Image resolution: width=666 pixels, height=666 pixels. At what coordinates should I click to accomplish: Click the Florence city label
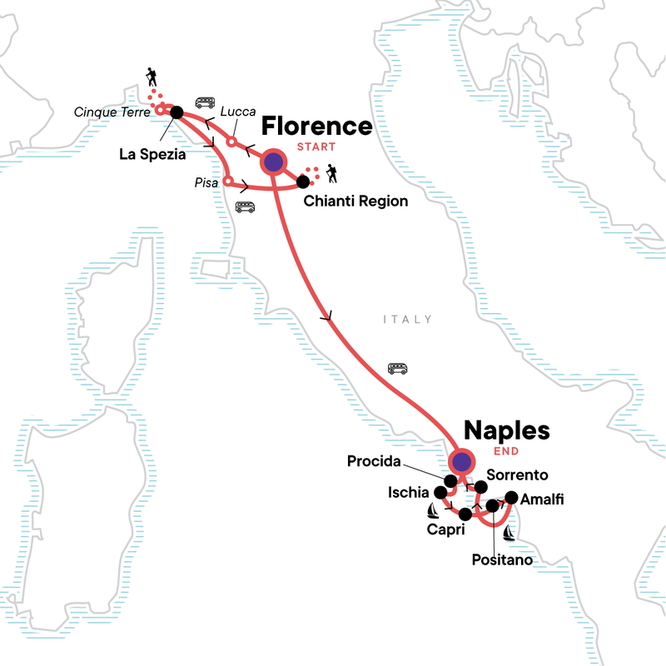pyautogui.click(x=316, y=127)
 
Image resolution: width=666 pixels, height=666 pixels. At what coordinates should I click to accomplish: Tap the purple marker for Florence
pyautogui.click(x=273, y=162)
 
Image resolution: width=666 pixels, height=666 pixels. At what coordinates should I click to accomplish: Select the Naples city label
pyautogui.click(x=506, y=431)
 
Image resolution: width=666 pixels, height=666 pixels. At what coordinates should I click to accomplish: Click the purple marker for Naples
pyautogui.click(x=460, y=462)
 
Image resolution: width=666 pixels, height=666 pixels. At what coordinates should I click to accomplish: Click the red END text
pyautogui.click(x=506, y=452)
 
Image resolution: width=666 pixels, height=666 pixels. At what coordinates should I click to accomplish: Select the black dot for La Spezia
pyautogui.click(x=176, y=112)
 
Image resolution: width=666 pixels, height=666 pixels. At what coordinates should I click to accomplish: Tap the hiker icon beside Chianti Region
pyautogui.click(x=333, y=173)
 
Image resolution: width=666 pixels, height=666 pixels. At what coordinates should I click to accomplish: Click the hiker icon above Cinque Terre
pyautogui.click(x=150, y=77)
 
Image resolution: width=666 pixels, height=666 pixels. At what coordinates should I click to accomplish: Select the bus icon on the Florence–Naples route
pyautogui.click(x=397, y=367)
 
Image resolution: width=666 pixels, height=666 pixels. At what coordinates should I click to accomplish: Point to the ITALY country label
pyautogui.click(x=407, y=320)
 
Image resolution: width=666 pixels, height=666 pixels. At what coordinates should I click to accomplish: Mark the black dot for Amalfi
pyautogui.click(x=512, y=498)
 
